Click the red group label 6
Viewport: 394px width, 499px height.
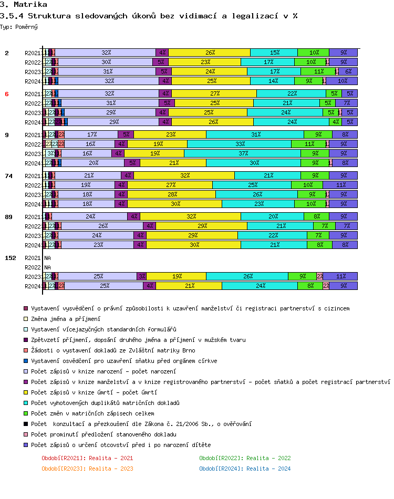point(7,94)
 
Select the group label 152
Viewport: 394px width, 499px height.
point(9,258)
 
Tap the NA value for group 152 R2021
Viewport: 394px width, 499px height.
point(47,258)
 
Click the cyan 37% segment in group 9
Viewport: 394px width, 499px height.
point(242,154)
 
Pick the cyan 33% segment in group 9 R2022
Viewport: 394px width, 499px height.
point(239,144)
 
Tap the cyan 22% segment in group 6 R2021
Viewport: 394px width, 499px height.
point(291,94)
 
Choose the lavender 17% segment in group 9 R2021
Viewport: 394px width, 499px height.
point(91,135)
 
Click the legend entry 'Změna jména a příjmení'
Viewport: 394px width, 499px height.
point(66,319)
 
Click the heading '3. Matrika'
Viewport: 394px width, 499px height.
point(23,5)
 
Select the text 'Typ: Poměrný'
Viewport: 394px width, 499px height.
point(19,26)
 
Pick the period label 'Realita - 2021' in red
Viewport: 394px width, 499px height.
point(87,458)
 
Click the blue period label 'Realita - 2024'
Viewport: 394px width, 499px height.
point(245,469)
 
